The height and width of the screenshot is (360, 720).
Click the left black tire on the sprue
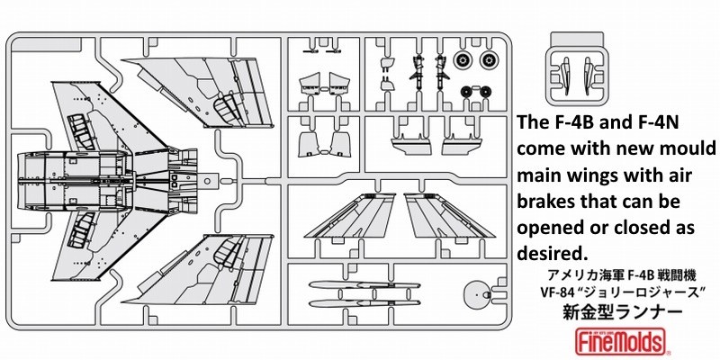[467, 92]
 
